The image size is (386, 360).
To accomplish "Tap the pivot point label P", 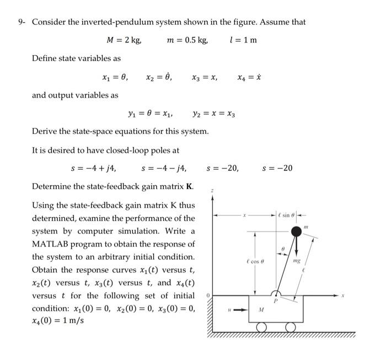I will point(283,301).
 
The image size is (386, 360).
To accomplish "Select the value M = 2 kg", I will point(124,40).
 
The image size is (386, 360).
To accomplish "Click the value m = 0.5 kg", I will point(187,40).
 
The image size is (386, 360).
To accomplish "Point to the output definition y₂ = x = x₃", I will point(215,114).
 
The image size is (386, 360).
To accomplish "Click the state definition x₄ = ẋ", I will point(249,78).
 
